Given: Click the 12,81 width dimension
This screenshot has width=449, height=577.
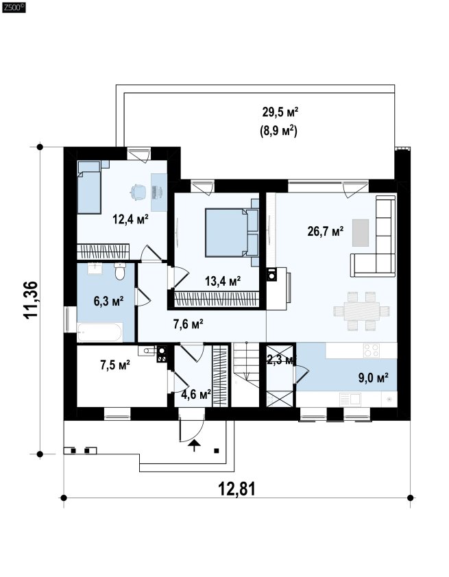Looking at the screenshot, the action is point(236,489).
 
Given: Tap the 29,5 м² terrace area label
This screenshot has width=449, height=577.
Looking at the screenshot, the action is point(280,112).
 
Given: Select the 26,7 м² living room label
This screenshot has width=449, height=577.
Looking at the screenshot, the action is point(326,232).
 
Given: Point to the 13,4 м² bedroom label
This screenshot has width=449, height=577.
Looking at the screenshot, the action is point(223,282).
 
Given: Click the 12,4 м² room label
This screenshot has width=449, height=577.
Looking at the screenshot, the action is point(131,220).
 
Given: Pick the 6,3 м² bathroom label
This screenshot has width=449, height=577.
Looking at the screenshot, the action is point(108,302).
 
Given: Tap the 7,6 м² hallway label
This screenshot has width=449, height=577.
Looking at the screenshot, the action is point(188,324).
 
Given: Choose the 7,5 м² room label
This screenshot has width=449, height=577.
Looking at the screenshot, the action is point(115,365).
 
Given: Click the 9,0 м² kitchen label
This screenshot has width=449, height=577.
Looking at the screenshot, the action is point(374,377).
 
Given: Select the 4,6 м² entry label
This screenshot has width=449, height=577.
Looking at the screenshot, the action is point(196,395).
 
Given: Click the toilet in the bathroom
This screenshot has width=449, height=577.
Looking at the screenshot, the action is point(120,271).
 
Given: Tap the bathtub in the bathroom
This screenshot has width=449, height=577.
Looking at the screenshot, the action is point(99,332).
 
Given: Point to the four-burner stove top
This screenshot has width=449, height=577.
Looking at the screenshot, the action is point(371,350).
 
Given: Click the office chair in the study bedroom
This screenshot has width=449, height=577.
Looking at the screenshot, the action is point(138,192).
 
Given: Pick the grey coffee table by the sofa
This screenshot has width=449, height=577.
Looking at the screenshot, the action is point(361,233).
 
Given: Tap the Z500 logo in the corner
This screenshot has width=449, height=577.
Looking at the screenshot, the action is point(14,8).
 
